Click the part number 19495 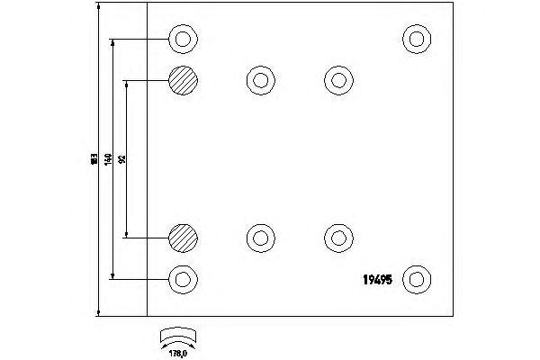375,279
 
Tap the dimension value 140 107,159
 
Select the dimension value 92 121,159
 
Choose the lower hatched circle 182,238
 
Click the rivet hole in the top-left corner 183,40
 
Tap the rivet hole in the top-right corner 416,39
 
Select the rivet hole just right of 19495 416,278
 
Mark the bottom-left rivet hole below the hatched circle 183,278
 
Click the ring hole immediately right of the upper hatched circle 260,80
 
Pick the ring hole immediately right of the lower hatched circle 260,238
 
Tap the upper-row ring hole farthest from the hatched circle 337,80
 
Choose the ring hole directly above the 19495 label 337,238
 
